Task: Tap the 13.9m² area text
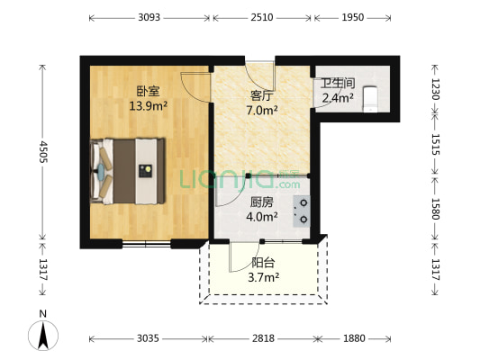coord(148,105)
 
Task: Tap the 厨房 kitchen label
coord(261,202)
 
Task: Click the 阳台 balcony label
coord(263,263)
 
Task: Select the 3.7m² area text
coord(264,277)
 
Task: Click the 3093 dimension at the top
coord(149,17)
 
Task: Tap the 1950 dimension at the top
coord(353,17)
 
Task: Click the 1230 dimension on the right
coord(438,88)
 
